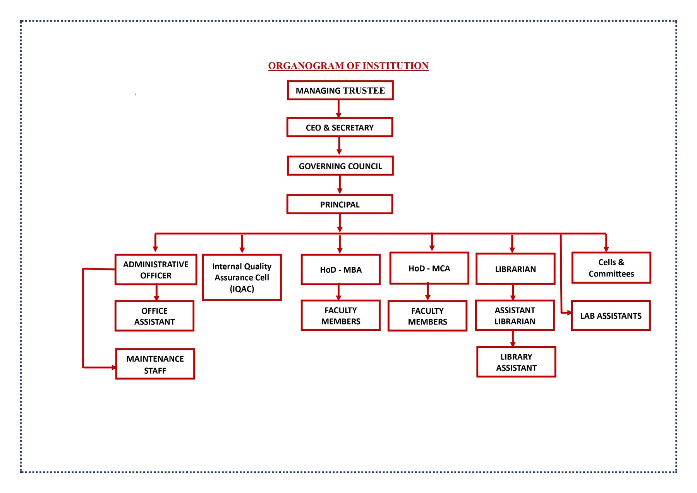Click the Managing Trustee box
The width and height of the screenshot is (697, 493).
point(340,90)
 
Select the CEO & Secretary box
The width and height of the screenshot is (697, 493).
point(340,127)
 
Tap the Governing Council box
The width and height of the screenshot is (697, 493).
point(340,166)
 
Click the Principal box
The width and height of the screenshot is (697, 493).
point(340,204)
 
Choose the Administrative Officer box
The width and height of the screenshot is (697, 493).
point(156,270)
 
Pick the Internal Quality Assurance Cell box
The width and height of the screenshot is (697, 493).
point(242,277)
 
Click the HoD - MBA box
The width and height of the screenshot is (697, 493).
point(340,270)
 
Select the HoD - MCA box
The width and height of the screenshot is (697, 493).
point(429,268)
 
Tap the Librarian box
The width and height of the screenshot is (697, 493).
point(515,269)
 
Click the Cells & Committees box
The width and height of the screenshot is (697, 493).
point(611,268)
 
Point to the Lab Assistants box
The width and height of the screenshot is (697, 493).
point(611,316)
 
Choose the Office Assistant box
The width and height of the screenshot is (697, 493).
point(155,316)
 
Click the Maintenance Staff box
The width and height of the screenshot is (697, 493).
point(155,364)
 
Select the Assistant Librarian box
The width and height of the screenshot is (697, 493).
point(515,316)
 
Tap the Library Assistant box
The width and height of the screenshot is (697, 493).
point(516,362)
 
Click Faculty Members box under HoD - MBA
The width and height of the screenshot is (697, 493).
point(340,316)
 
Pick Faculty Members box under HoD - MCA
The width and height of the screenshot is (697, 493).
point(427,316)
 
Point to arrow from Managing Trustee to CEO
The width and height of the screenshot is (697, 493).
point(338,108)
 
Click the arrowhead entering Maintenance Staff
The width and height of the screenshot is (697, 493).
point(113,367)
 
